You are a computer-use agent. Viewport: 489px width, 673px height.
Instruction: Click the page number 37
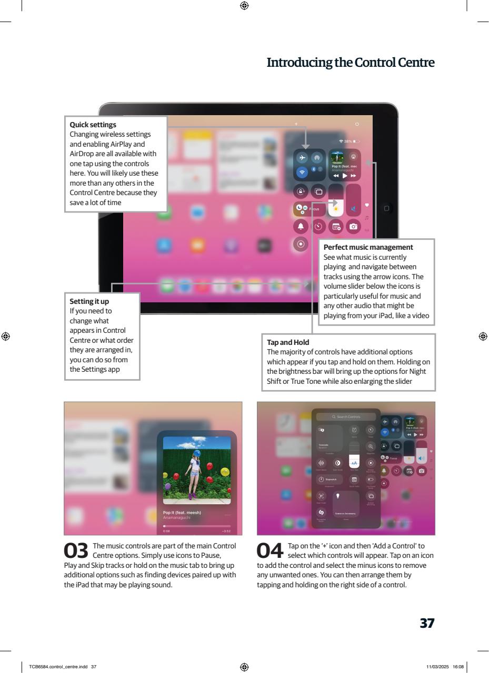[x=426, y=623]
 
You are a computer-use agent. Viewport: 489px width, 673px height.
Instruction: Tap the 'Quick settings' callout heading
[x=93, y=125]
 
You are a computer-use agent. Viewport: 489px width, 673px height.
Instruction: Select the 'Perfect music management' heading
[x=368, y=247]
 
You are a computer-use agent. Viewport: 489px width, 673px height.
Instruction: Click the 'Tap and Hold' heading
[x=288, y=342]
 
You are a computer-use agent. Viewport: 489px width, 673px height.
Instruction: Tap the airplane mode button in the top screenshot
[x=302, y=158]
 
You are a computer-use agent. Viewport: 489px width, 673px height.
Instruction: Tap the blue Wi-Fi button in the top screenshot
[x=302, y=172]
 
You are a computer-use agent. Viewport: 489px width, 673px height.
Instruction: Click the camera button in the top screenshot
[x=353, y=227]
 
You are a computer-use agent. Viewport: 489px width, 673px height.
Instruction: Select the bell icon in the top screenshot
[x=302, y=227]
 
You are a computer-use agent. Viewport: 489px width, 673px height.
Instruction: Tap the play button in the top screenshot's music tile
[x=345, y=176]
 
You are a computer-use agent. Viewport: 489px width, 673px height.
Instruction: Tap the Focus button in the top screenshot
[x=306, y=209]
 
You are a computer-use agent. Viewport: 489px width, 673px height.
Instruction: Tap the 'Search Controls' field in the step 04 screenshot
[x=346, y=416]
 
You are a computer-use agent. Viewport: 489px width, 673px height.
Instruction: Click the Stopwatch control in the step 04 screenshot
[x=329, y=480]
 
